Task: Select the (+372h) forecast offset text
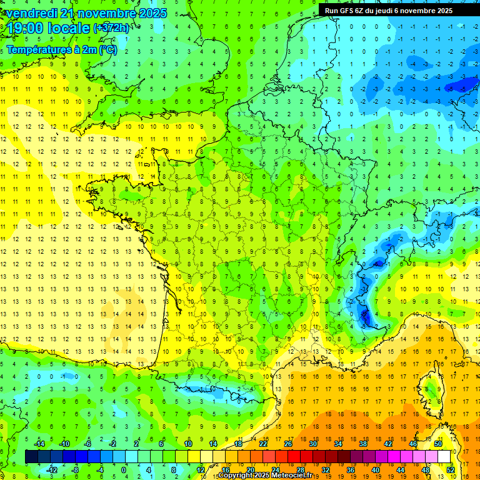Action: (x=111, y=28)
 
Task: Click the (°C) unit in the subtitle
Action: (x=107, y=50)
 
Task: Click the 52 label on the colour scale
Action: (x=451, y=470)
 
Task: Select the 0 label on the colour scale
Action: (x=124, y=470)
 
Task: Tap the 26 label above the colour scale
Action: (x=288, y=443)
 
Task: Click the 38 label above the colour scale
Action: (x=362, y=443)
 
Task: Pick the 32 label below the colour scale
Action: (x=326, y=470)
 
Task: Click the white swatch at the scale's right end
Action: (x=444, y=456)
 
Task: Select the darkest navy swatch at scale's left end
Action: (x=31, y=456)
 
